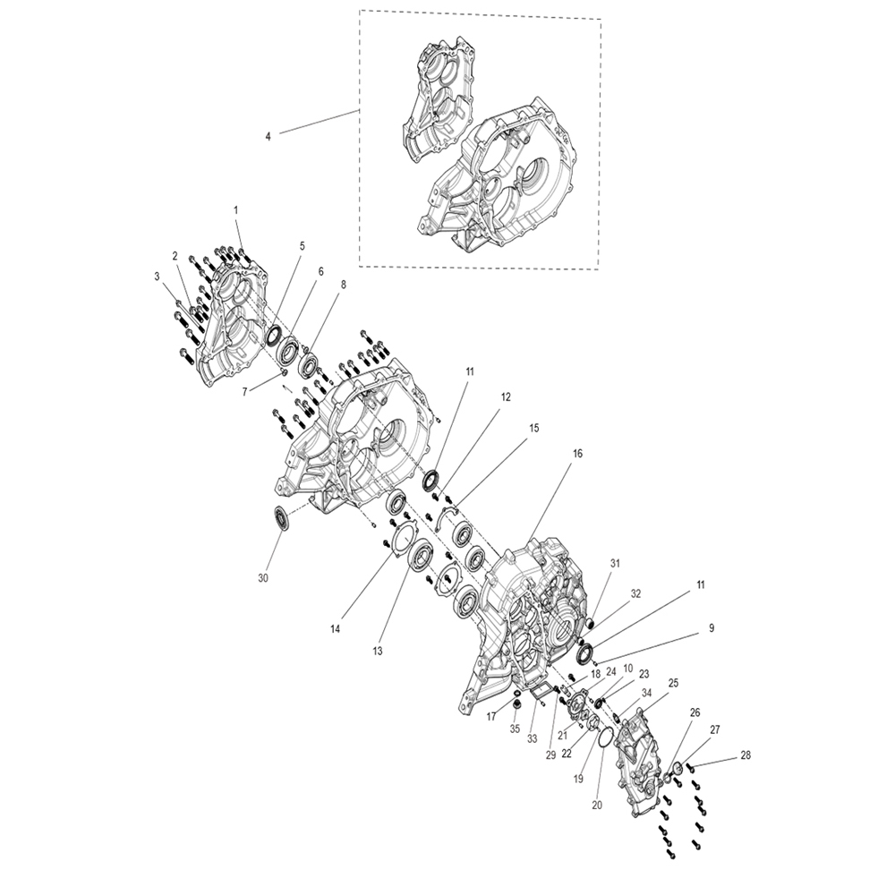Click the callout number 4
click(268, 136)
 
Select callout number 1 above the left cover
click(235, 210)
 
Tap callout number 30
click(262, 578)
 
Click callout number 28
click(745, 755)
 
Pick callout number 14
click(335, 629)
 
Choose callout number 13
click(378, 651)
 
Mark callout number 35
click(516, 729)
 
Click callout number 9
click(712, 628)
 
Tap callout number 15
click(533, 428)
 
